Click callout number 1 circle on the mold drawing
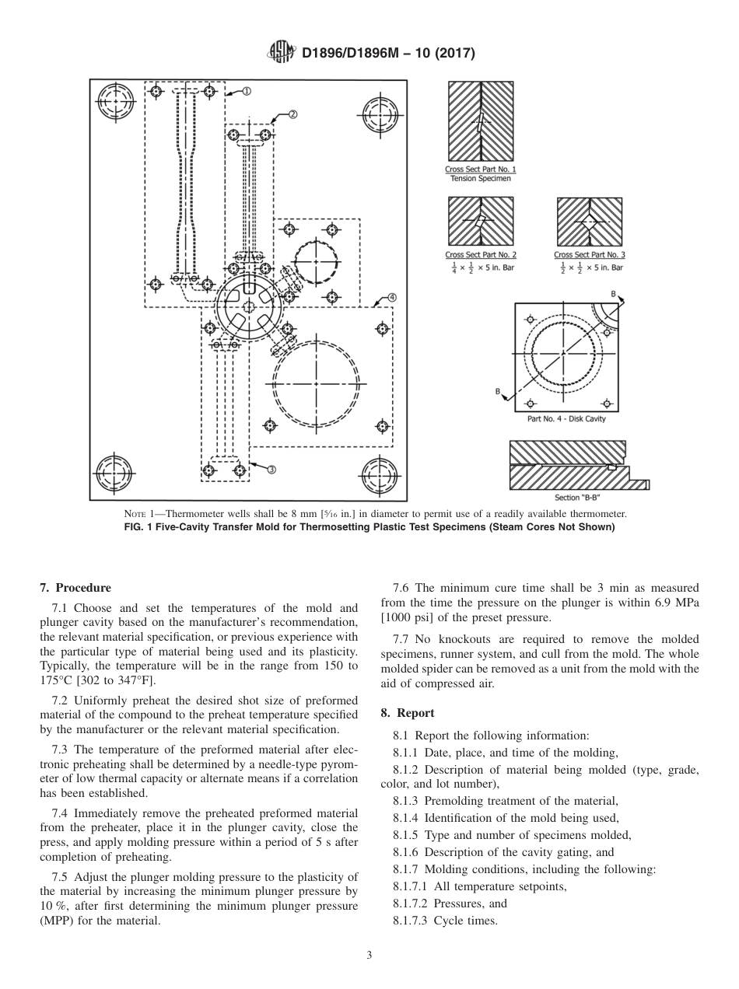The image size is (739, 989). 246,91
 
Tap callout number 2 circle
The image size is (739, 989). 293,114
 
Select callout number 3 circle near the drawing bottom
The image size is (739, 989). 271,469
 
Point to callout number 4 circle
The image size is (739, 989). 392,297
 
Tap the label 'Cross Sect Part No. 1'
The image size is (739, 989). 480,169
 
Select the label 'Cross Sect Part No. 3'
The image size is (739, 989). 589,254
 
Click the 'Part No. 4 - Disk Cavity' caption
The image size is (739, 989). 566,419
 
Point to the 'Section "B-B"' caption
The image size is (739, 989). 578,498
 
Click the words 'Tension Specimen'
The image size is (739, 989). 481,178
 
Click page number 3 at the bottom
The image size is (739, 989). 369,955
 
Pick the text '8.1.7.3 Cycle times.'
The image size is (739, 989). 445,921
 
